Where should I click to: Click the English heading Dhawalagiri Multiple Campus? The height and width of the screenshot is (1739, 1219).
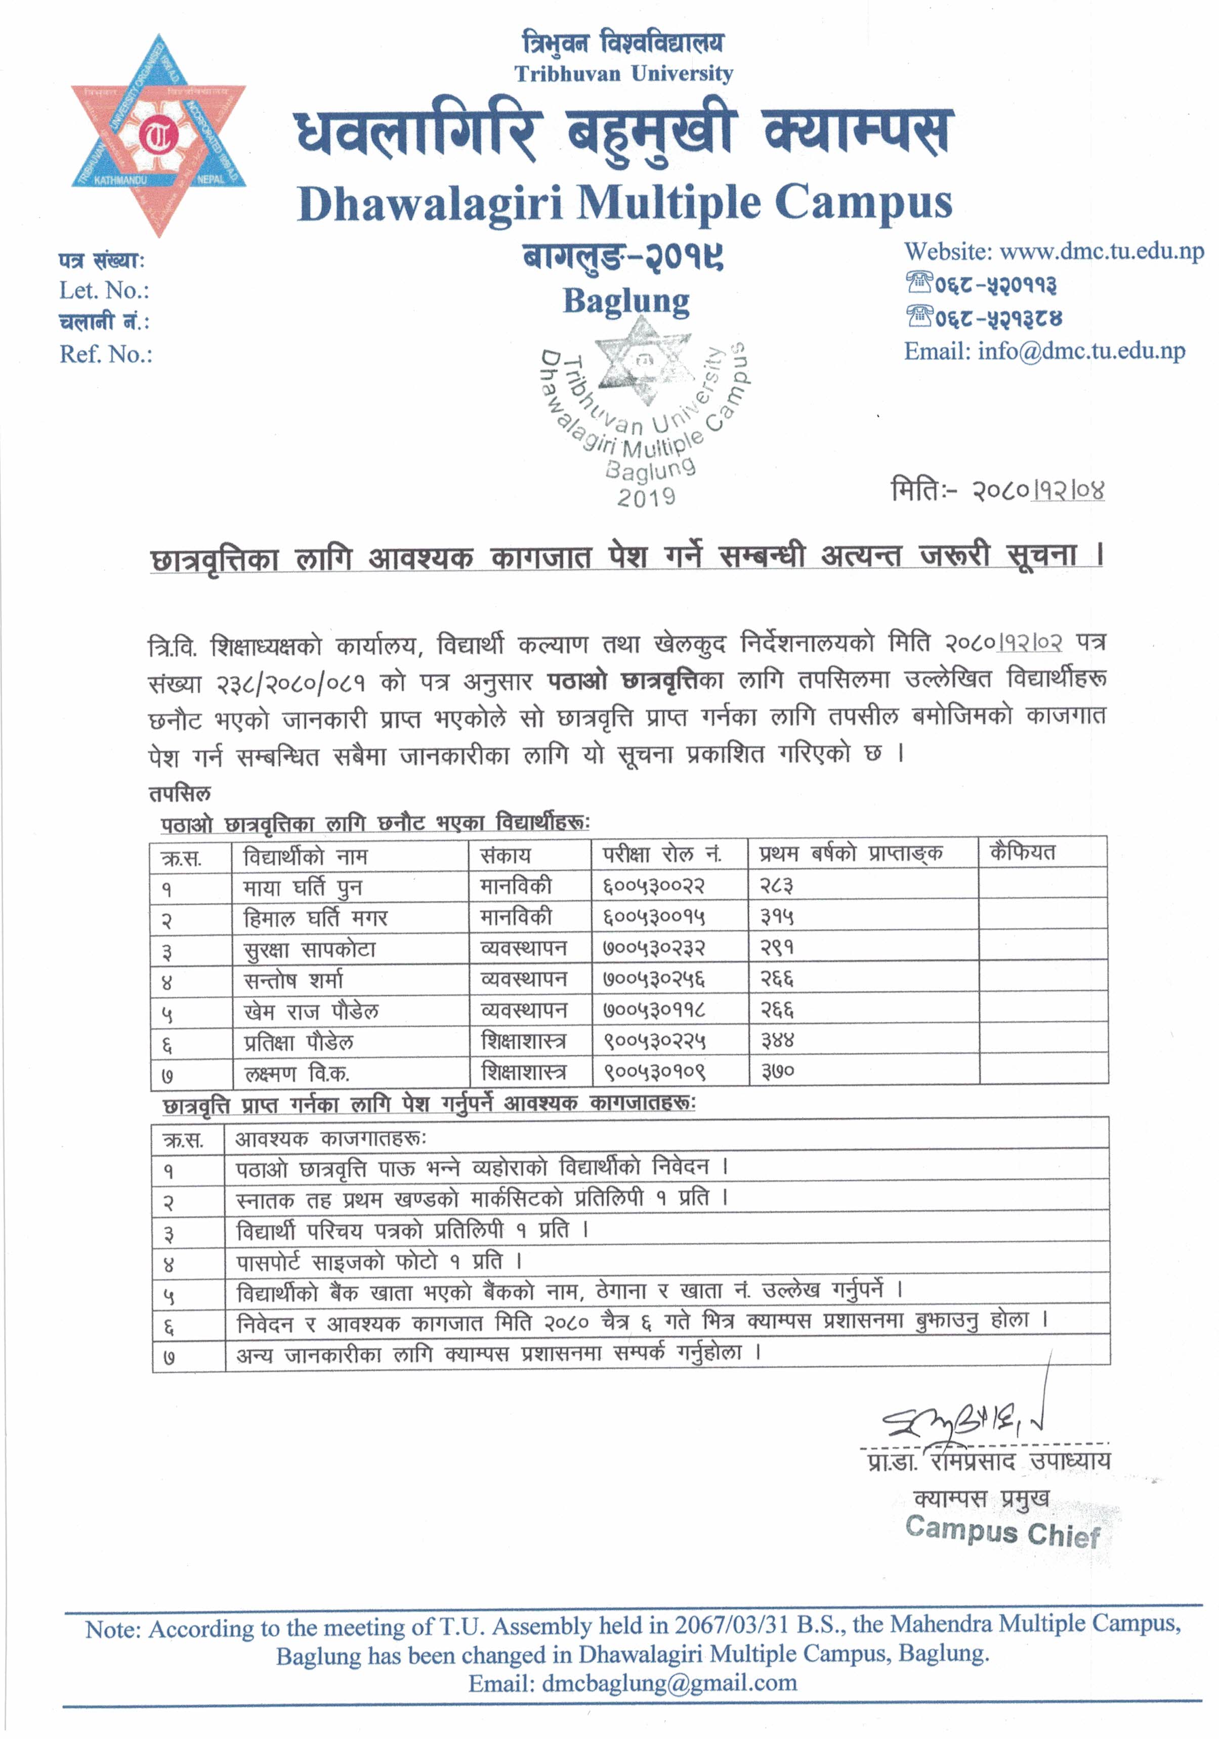point(624,204)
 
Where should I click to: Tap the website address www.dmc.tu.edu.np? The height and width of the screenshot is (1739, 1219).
point(1101,251)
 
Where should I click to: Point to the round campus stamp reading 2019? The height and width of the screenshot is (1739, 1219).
point(644,413)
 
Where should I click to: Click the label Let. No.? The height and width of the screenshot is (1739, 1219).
point(105,290)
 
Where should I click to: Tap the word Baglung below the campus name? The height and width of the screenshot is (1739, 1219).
point(626,302)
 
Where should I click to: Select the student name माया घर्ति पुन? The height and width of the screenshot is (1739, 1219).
point(302,887)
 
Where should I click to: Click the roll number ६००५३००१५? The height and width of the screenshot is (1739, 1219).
point(654,917)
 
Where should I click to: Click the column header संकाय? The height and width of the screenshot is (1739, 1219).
point(506,855)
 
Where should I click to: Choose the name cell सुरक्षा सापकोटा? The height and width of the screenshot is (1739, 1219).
point(309,949)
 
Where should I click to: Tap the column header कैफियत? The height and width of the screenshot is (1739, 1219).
point(1022,853)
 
